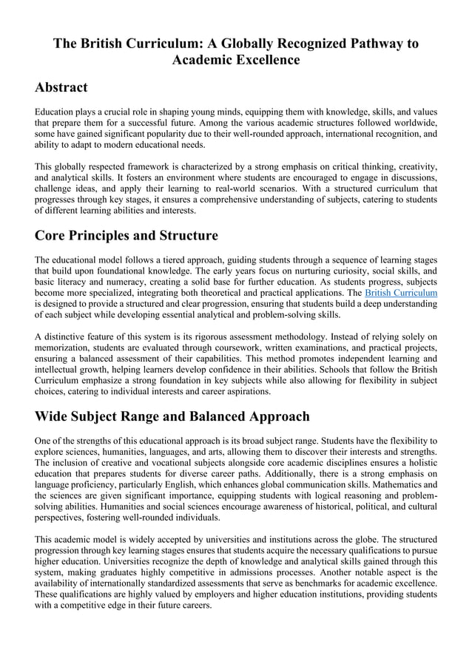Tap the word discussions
tap(406, 174)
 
